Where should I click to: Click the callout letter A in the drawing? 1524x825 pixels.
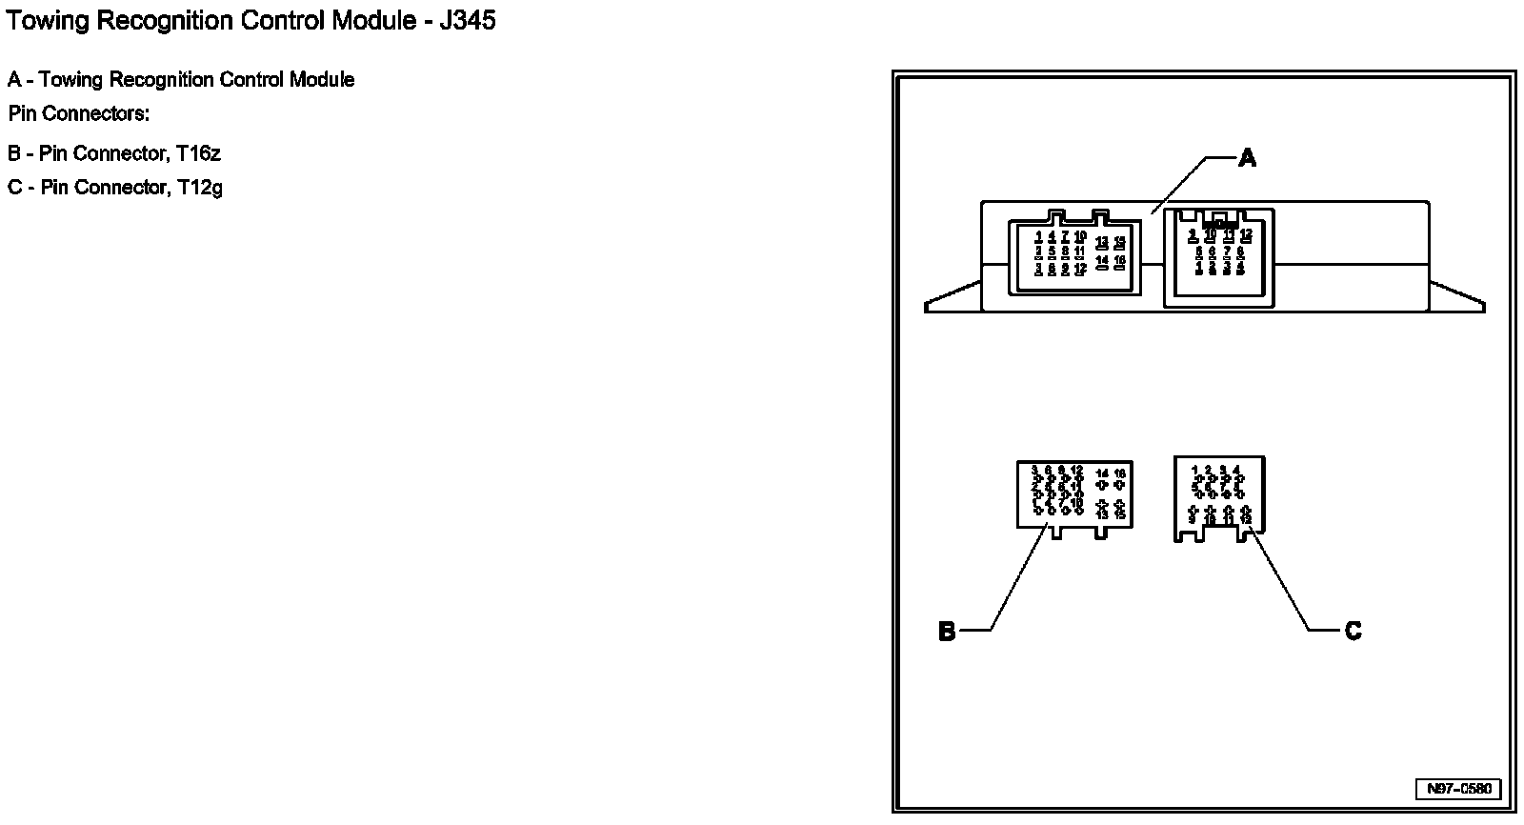pos(1247,159)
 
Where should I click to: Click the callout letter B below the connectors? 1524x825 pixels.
pos(947,632)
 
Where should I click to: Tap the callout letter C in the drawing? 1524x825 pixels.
pos(1353,631)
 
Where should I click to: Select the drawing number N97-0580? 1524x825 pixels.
pos(1458,789)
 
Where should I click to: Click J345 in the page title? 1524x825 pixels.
pos(467,20)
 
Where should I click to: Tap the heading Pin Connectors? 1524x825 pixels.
pos(79,114)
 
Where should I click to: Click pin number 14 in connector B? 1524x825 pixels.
pos(1102,473)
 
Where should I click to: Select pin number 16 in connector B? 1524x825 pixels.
pos(1120,473)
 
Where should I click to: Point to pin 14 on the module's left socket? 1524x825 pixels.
pos(1102,259)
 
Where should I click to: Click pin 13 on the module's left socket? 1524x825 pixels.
pos(1102,241)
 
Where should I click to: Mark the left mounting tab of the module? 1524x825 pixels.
pos(952,298)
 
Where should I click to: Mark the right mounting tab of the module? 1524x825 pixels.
pos(1456,298)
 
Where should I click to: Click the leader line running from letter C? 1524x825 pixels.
pos(1283,583)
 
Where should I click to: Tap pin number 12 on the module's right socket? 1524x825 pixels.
pos(1246,233)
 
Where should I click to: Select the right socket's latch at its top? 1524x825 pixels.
pos(1220,216)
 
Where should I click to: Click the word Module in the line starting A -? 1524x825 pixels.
pos(322,80)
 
